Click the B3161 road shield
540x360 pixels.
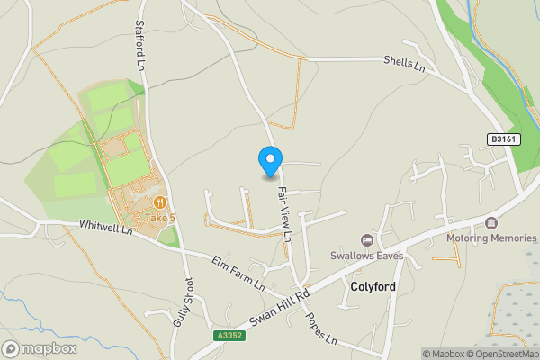tap(505, 139)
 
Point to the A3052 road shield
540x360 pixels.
tap(229, 336)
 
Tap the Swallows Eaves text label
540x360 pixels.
tap(366, 256)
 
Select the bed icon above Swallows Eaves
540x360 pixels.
tap(366, 239)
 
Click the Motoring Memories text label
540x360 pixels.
tap(491, 238)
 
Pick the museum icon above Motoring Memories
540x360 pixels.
tap(491, 222)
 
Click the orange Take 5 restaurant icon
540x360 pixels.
tap(160, 203)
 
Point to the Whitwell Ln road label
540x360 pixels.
tap(105, 229)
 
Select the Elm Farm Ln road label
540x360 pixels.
tap(238, 273)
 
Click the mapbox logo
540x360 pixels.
tap(40, 348)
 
